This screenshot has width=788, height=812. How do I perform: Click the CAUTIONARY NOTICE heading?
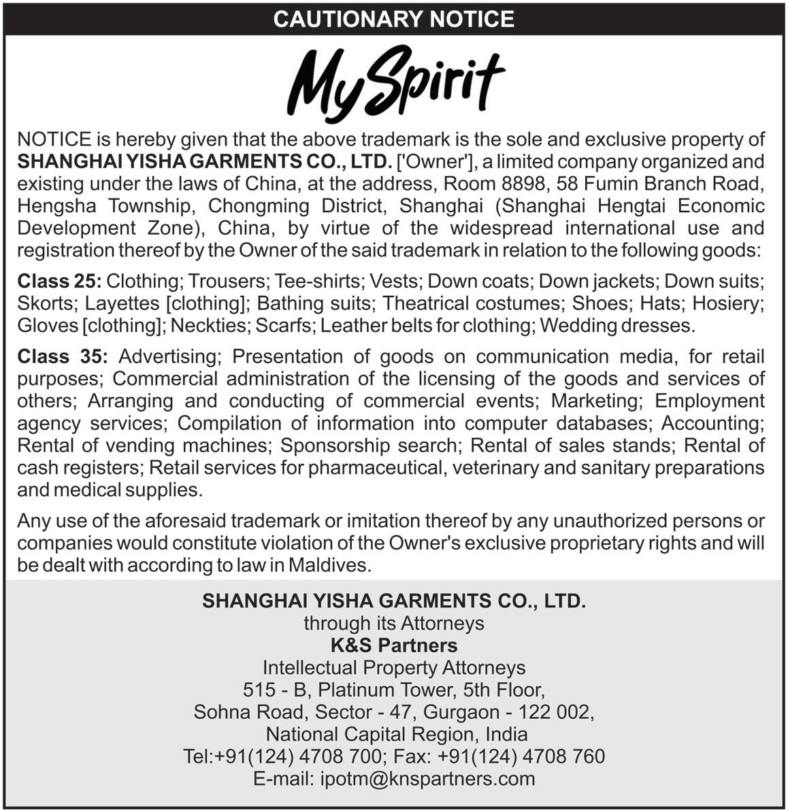[393, 18]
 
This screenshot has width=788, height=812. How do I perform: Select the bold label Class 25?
[59, 280]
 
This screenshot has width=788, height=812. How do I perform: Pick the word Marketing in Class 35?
[593, 401]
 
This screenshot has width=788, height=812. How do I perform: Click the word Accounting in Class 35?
[714, 423]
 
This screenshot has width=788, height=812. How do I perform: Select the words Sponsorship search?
[369, 445]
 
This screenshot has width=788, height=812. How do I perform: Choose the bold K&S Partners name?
[393, 645]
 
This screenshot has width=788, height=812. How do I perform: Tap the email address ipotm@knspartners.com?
[428, 779]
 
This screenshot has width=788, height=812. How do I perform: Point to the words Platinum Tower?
[386, 690]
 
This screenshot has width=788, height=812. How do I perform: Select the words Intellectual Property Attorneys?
[393, 667]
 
